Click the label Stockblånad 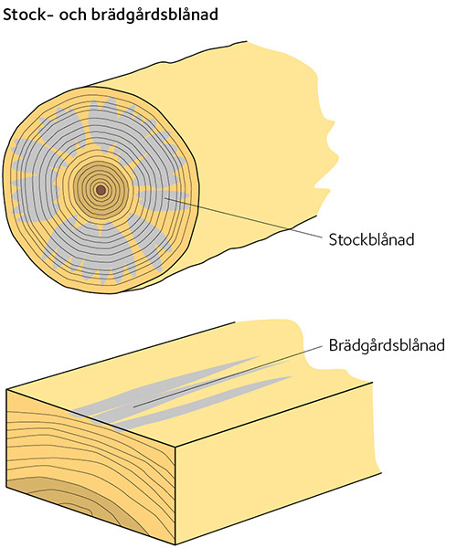(371, 239)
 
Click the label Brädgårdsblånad (387, 345)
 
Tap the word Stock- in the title (27, 15)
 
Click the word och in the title (71, 15)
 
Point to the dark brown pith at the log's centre (101, 191)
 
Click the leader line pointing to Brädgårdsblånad (228, 376)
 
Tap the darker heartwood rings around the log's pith (101, 191)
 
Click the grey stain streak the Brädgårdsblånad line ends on (168, 392)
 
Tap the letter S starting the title (7, 15)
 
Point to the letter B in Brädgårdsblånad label (334, 344)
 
